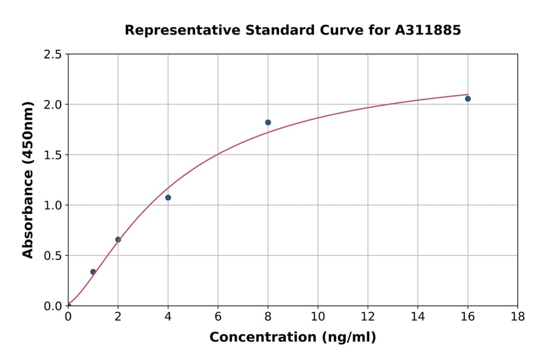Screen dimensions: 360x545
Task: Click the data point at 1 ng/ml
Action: (93, 272)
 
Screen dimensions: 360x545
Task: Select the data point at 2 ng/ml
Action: (118, 239)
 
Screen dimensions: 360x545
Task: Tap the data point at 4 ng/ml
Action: (168, 198)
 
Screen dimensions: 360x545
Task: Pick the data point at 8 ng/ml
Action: (268, 122)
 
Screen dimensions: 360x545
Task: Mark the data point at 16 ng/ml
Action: (467, 99)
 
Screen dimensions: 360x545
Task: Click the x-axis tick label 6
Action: (218, 316)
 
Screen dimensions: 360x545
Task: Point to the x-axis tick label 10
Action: (318, 316)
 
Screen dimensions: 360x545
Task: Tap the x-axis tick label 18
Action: (517, 316)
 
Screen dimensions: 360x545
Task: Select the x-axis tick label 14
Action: (418, 316)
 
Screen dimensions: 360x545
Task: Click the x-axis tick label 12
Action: (368, 316)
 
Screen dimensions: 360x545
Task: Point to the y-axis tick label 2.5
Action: (53, 55)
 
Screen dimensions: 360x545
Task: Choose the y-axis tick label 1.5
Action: (53, 155)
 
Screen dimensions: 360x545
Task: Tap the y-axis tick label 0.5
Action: (53, 256)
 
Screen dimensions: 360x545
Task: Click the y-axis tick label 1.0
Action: (53, 205)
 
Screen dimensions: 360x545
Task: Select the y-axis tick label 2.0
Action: (53, 105)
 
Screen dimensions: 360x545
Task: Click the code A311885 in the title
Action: (428, 30)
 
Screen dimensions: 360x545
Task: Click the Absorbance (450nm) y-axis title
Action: (28, 179)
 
